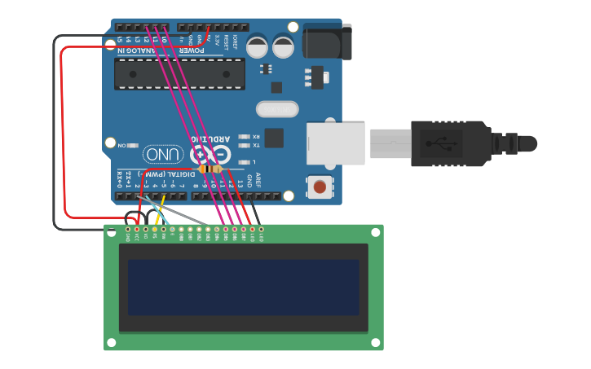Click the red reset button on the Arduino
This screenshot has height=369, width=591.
pos(320,187)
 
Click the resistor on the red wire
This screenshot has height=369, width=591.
pos(211,169)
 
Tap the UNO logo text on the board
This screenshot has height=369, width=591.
pos(163,154)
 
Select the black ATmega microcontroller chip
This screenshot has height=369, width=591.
pos(179,73)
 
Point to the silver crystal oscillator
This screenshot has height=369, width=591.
pos(277,109)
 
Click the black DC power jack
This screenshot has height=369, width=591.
pos(327,42)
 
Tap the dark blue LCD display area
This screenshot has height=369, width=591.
pos(243,287)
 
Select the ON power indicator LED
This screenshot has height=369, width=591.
pos(133,145)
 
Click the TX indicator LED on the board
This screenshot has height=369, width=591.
pos(243,145)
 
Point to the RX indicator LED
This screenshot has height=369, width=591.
pos(243,136)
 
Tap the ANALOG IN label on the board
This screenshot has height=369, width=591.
pos(135,51)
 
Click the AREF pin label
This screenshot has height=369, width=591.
pos(258,180)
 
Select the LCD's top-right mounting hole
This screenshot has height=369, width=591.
pos(376,232)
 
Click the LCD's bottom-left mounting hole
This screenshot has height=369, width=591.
pos(112,343)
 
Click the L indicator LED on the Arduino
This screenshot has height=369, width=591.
pos(243,162)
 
